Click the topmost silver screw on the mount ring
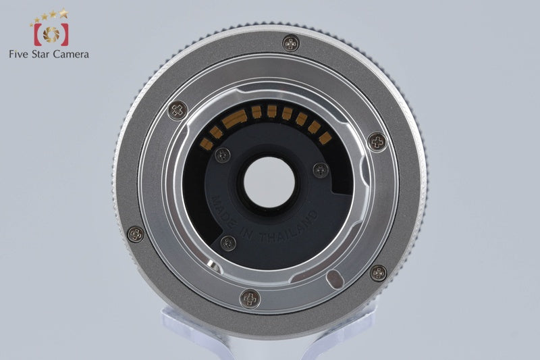tap(291, 44)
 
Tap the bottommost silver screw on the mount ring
tap(250, 299)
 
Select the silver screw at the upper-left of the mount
tap(178, 110)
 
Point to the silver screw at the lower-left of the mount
tap(136, 234)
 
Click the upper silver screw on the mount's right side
tap(377, 142)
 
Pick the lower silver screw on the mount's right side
tap(378, 273)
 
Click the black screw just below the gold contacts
tap(223, 155)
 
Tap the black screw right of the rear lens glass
tap(321, 170)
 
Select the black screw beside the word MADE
tap(228, 243)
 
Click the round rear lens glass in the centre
tap(269, 182)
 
